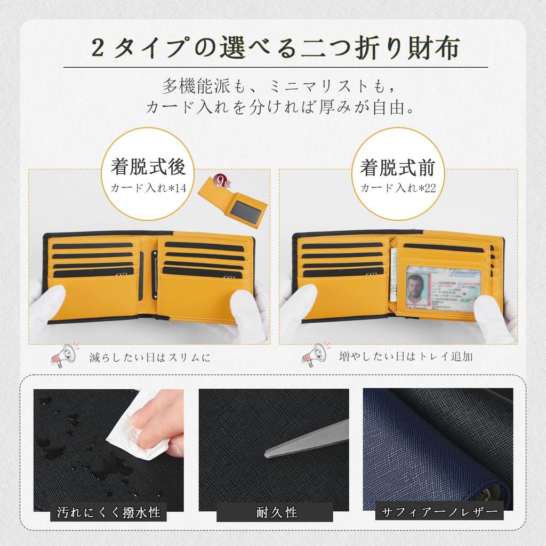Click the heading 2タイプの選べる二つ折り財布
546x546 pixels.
(x=275, y=50)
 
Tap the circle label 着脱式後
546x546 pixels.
(x=148, y=167)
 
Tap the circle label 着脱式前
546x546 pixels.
(x=397, y=167)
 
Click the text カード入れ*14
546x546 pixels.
(x=148, y=188)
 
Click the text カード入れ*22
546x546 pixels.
(x=397, y=188)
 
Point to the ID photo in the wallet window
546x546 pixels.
(x=416, y=288)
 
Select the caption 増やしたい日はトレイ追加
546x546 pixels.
(x=406, y=357)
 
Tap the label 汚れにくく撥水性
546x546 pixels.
(x=109, y=513)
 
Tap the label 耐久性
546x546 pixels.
(x=275, y=513)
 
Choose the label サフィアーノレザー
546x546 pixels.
(x=439, y=513)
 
